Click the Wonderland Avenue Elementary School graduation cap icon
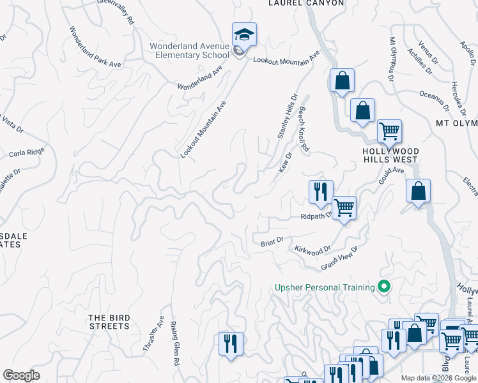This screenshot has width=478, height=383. click(x=243, y=34)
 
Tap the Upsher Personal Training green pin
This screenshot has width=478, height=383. click(x=384, y=287)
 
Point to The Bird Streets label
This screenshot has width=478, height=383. click(x=109, y=322)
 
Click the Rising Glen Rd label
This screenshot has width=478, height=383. click(x=174, y=343)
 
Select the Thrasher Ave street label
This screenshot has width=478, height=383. click(x=154, y=335)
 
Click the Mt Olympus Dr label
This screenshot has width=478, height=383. click(x=391, y=59)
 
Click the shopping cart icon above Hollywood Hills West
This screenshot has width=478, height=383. click(x=389, y=131)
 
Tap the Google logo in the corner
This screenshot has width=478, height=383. click(x=21, y=375)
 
